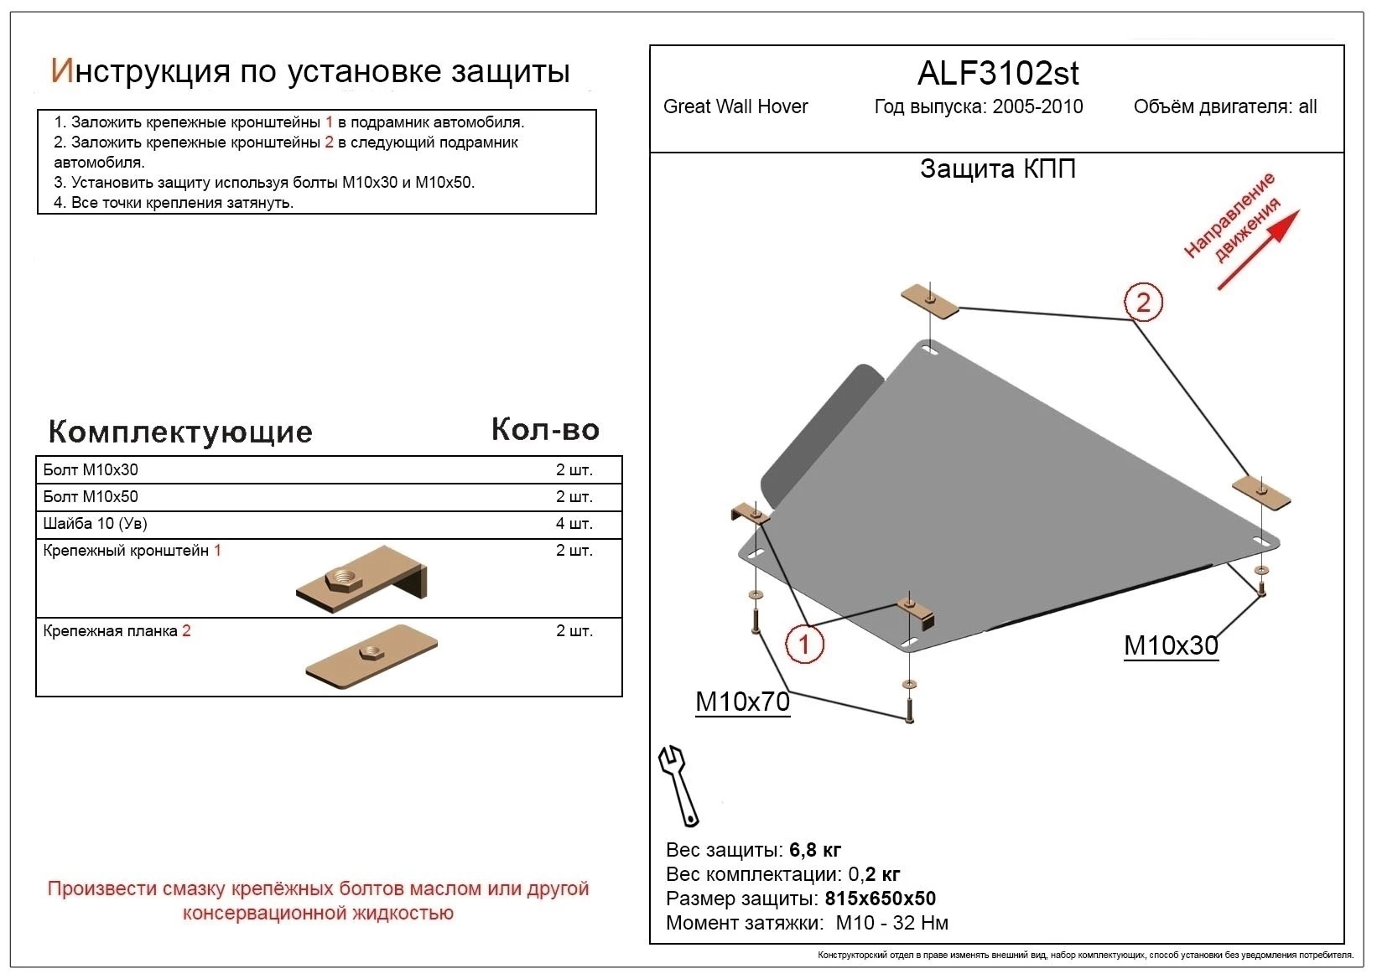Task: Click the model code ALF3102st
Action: point(997,74)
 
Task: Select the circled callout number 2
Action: point(1143,302)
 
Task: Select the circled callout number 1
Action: point(804,645)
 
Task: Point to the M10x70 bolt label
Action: point(742,701)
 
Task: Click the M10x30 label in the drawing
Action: point(1170,645)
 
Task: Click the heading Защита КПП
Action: point(997,168)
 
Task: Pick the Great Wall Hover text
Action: point(735,106)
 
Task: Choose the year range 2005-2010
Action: point(1037,106)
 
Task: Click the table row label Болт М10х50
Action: point(91,496)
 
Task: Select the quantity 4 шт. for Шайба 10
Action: point(574,523)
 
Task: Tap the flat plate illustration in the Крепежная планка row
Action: point(372,656)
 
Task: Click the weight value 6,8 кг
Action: point(815,850)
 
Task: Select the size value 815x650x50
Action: point(880,899)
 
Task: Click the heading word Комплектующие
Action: point(180,432)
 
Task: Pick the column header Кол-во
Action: point(545,429)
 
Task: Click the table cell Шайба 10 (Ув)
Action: point(95,523)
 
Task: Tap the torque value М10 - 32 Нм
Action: point(892,923)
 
